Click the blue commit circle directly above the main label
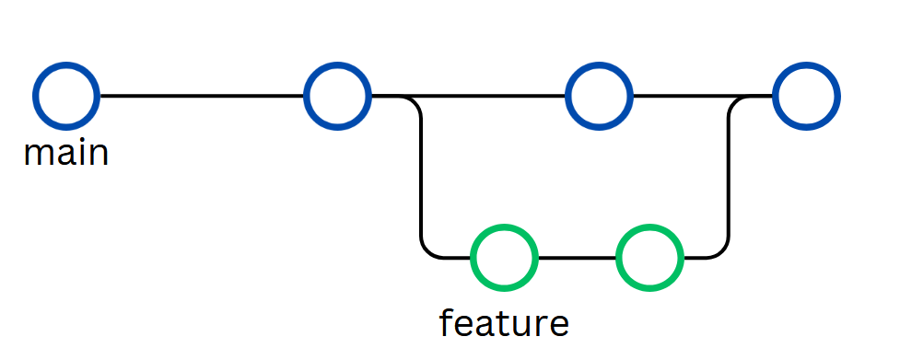pos(65,96)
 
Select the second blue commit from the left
pos(337,96)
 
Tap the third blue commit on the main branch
pos(599,96)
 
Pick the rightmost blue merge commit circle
pos(806,96)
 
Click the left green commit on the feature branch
pos(503,257)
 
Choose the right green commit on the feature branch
pos(649,257)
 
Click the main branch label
pos(66,153)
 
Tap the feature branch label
pos(504,323)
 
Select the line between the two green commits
pos(577,257)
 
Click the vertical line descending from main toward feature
pos(421,175)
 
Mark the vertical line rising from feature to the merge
pos(729,175)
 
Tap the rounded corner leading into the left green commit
pos(427,250)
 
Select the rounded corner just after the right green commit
pos(722,250)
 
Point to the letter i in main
pos(80,152)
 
